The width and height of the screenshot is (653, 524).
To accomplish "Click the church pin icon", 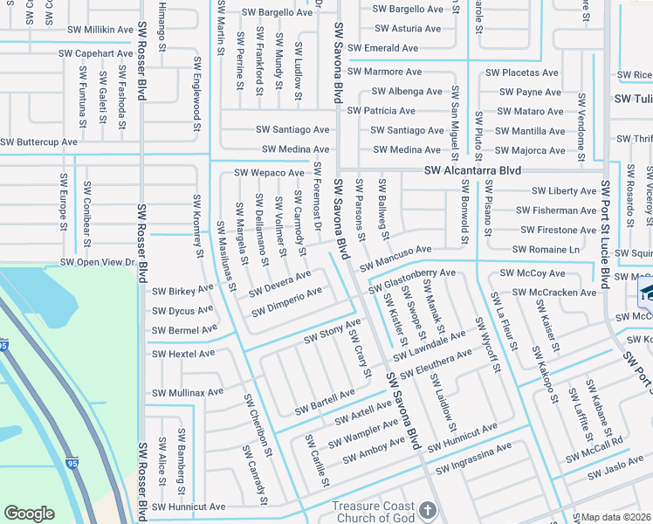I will [x=427, y=509].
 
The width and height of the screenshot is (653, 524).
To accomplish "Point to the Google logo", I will [x=29, y=514].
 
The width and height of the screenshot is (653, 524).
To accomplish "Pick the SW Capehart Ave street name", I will [x=95, y=53].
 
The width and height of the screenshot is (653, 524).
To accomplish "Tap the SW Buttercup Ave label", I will [x=39, y=141].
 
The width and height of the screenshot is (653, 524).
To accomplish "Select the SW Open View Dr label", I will [x=97, y=262].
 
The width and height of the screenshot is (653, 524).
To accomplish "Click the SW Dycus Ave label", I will [x=182, y=310].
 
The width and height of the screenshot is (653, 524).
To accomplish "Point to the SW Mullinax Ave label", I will [x=188, y=393].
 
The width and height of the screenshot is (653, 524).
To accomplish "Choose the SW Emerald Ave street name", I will [x=382, y=48].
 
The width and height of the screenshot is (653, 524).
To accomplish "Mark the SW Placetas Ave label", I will [x=522, y=72].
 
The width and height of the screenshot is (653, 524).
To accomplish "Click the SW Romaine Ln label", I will [x=546, y=249].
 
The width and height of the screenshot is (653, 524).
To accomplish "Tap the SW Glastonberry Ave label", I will [x=412, y=278].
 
